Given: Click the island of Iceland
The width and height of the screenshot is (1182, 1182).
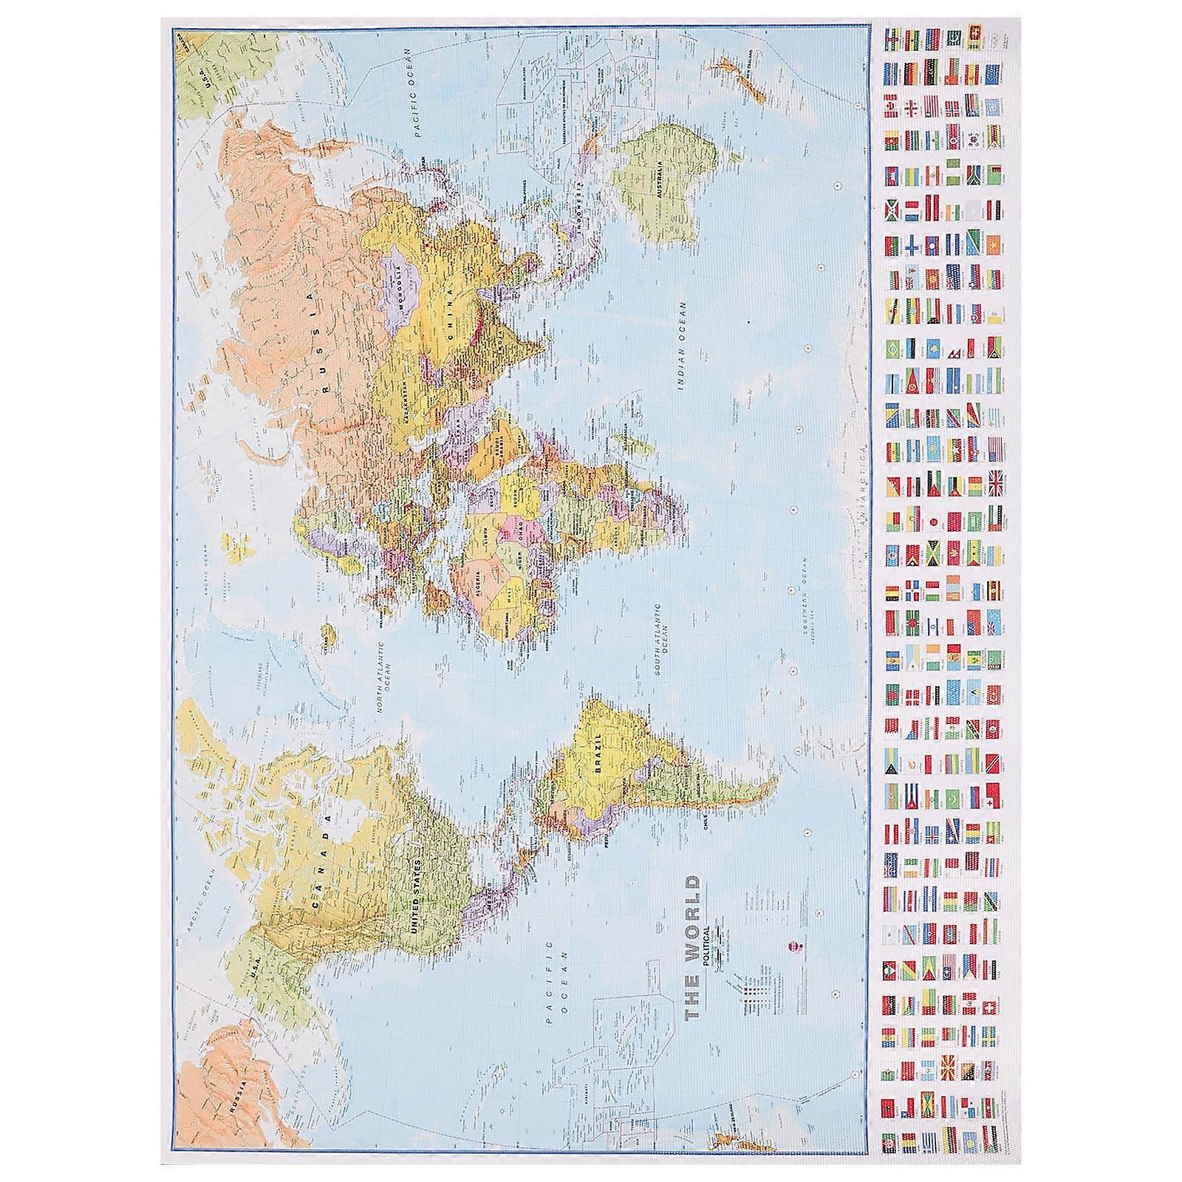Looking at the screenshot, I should (x=327, y=634).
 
